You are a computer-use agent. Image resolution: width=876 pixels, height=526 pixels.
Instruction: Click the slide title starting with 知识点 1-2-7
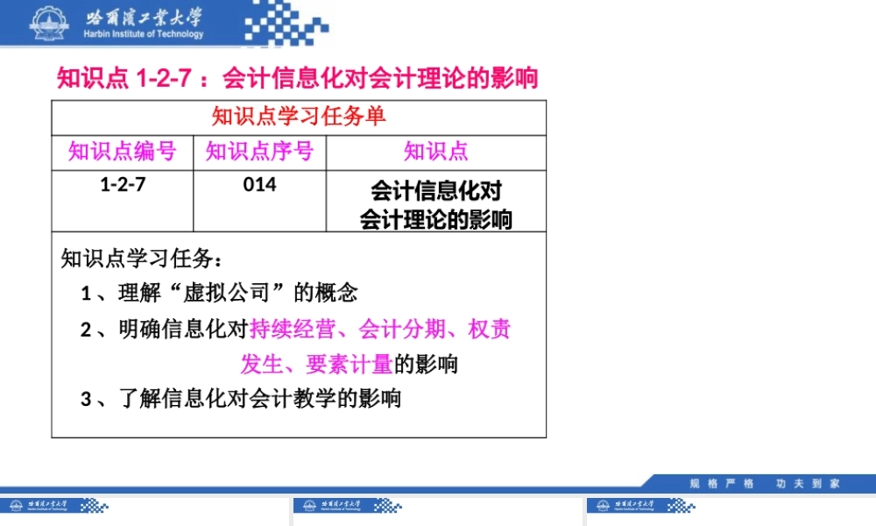pos(298,79)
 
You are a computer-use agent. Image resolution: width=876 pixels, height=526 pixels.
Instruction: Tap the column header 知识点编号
pos(123,152)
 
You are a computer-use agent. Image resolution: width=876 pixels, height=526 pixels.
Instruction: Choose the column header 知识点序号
pos(259,152)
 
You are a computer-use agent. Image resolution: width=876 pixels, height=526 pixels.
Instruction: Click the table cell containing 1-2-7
pos(123,185)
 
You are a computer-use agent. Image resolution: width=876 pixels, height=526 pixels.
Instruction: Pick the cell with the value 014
pos(259,185)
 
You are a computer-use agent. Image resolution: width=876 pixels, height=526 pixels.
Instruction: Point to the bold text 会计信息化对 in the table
pos(436,191)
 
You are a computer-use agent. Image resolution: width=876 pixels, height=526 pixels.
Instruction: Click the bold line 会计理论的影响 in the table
pos(436,219)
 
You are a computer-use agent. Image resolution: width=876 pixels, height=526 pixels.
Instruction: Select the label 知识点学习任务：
pos(143,259)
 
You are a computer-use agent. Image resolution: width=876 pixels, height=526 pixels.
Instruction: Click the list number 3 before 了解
pos(86,400)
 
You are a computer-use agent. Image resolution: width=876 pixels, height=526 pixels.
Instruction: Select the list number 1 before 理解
pos(86,294)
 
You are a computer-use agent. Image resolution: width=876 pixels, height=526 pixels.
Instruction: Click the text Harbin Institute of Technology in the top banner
pos(145,34)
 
